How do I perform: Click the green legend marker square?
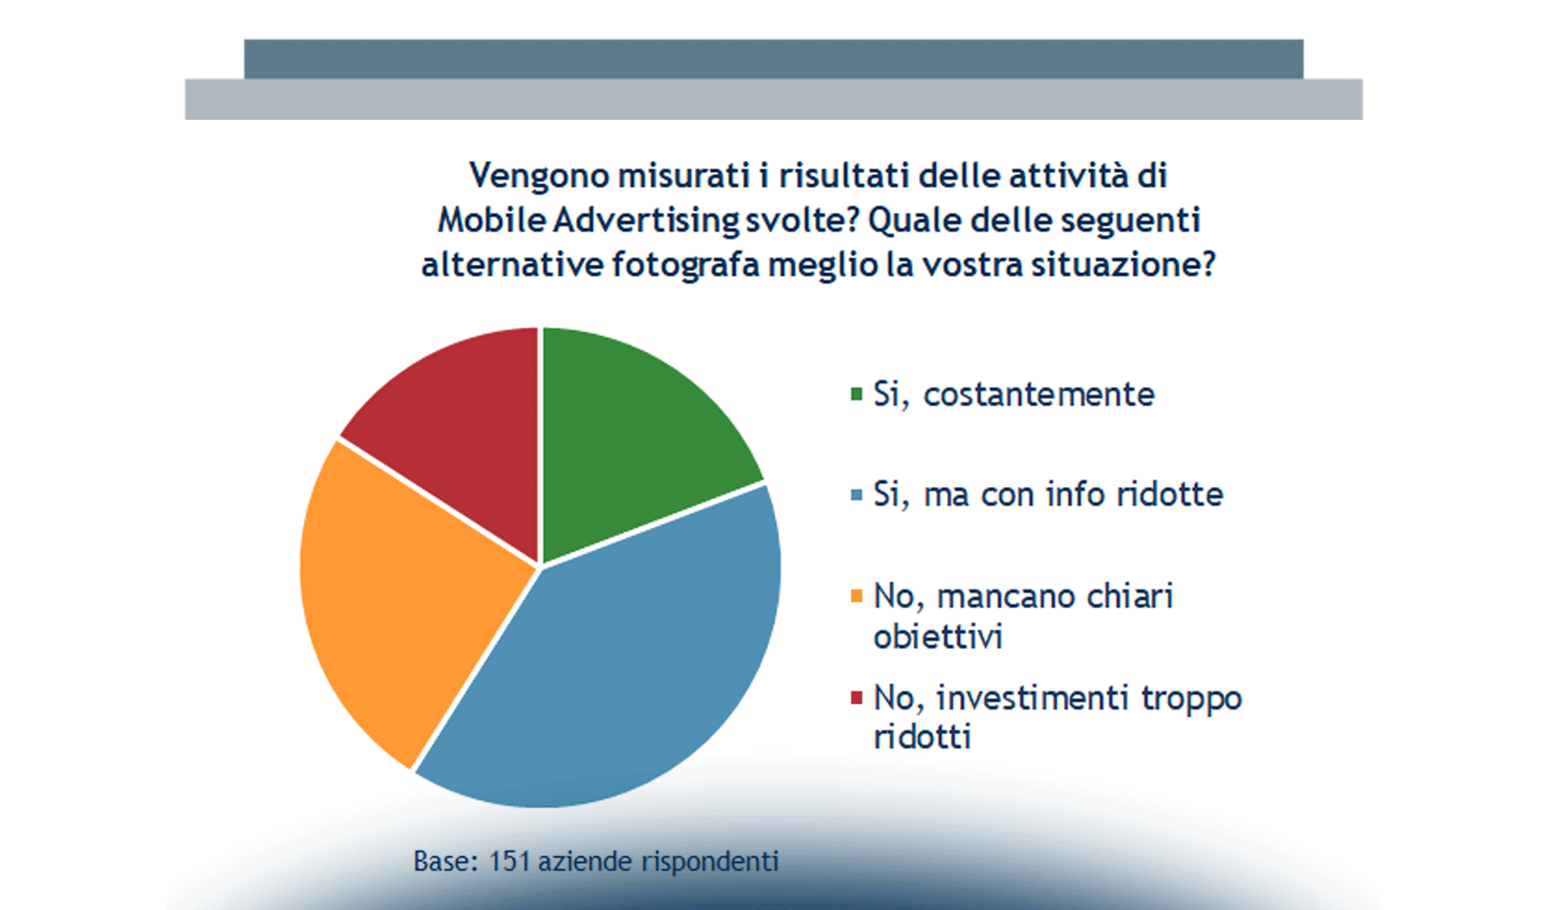857,394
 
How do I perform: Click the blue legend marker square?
857,495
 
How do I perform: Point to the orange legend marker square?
857,596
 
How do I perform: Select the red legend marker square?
857,698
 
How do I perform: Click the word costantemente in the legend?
1039,394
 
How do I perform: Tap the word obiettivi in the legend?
938,636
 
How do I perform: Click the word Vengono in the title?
540,176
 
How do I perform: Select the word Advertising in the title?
646,221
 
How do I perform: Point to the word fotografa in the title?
685,265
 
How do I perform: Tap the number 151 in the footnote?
508,861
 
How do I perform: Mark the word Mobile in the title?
492,221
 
